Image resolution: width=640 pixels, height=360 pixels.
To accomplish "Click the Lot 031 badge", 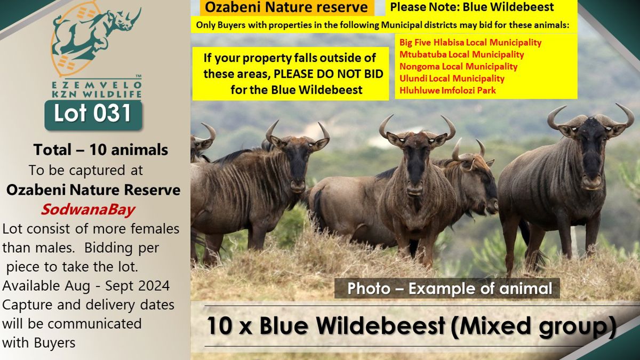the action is coord(93,115).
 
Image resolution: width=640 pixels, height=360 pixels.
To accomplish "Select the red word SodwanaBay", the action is coord(87,210).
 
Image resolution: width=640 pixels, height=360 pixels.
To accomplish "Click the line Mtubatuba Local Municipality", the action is coord(461,54).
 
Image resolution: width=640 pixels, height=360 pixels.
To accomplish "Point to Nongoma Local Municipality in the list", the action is coord(458,66).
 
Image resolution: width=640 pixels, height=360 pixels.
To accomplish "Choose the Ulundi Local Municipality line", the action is coord(452,78).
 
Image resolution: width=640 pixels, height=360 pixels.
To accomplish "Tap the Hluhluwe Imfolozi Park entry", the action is coord(447,90).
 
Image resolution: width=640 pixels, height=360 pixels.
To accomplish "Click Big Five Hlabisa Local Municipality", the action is coord(470,42).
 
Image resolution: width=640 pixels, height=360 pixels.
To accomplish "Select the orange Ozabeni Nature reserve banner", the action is coord(286,7).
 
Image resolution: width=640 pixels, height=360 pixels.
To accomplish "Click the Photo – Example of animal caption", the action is coord(450,289).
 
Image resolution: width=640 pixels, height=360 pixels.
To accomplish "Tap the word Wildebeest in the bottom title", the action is coord(352,325).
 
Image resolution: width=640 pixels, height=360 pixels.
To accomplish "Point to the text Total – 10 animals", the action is coord(101,149).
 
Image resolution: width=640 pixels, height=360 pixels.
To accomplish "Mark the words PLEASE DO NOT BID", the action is coord(329,74).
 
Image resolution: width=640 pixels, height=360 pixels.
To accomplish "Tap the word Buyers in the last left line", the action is coord(54,343).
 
